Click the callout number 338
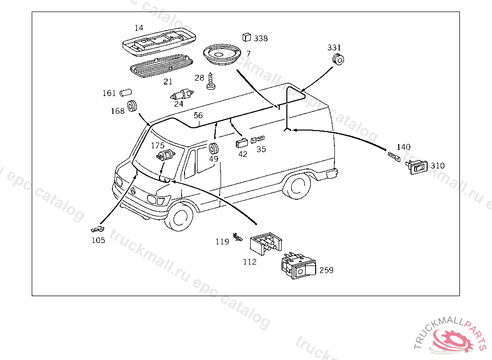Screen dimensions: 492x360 pos(261,38)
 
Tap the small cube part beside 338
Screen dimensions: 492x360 pos(246,37)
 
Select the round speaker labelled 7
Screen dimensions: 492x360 pos(222,55)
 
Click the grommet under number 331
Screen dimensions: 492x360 pos(338,59)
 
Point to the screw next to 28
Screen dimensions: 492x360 pos(211,81)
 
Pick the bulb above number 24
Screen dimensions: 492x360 pos(182,94)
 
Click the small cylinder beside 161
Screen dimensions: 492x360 pos(125,93)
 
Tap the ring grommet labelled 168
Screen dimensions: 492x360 pos(132,106)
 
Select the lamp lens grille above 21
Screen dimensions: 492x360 pos(161,66)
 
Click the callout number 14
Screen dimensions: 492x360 pos(139,28)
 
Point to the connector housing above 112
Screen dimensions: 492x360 pos(266,244)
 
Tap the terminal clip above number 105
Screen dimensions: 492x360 pos(98,229)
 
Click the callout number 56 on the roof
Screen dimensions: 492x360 pos(198,115)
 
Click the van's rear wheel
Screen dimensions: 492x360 pos(296,186)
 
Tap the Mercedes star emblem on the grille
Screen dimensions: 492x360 pos(134,192)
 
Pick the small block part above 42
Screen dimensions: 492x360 pos(242,143)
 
